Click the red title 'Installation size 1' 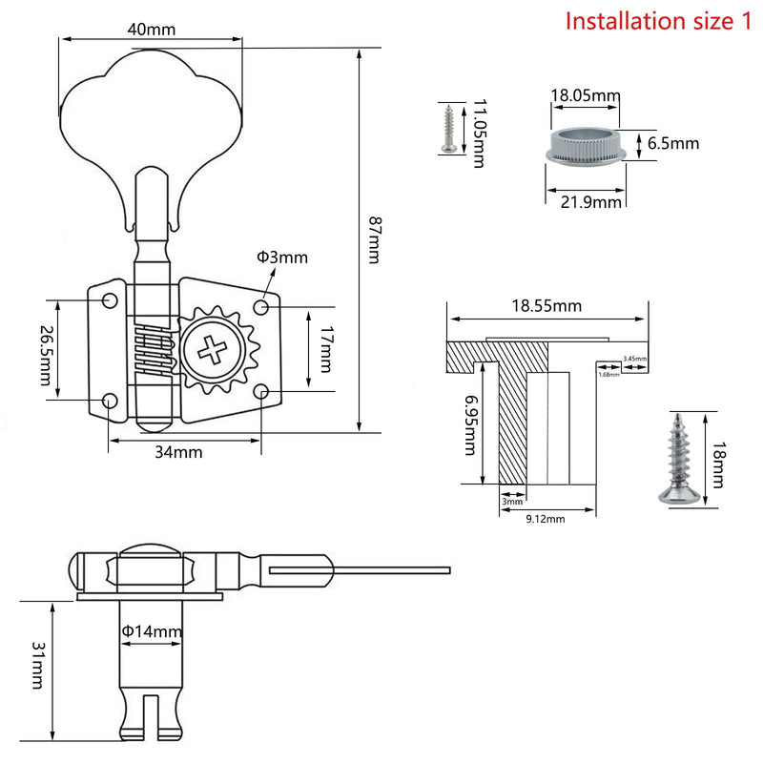pyautogui.click(x=658, y=21)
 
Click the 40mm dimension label pyautogui.click(x=152, y=30)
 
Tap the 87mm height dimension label pyautogui.click(x=375, y=240)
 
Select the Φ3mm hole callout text pyautogui.click(x=282, y=257)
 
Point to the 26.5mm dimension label pyautogui.click(x=46, y=355)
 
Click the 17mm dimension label pyautogui.click(x=326, y=349)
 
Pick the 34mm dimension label pyautogui.click(x=178, y=452)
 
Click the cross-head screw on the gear pyautogui.click(x=212, y=350)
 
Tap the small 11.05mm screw pyautogui.click(x=448, y=129)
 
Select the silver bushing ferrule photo pyautogui.click(x=586, y=145)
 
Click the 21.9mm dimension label pyautogui.click(x=590, y=201)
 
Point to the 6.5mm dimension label pyautogui.click(x=673, y=144)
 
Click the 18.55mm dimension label pyautogui.click(x=546, y=305)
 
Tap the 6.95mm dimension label pyautogui.click(x=470, y=424)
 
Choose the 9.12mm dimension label pyautogui.click(x=546, y=519)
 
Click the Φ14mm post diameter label pyautogui.click(x=152, y=631)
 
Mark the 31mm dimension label pyautogui.click(x=38, y=665)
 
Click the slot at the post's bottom pyautogui.click(x=152, y=717)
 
